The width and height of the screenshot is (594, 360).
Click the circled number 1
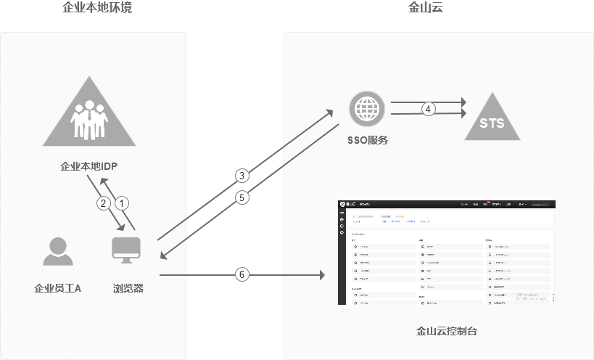coord(123,203)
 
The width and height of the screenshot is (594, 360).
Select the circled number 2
coord(104,203)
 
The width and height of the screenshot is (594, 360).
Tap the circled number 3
coord(242,175)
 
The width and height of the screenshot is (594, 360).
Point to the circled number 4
coord(429,109)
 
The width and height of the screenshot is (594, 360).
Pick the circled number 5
coord(242,197)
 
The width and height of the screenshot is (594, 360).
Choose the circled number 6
coord(242,274)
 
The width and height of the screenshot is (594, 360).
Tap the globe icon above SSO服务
coord(367,109)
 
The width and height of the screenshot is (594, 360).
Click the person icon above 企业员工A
coord(57,251)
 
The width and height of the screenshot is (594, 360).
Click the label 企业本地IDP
coord(88,166)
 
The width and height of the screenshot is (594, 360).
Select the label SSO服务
coord(368,140)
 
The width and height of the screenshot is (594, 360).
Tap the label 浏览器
coord(128,288)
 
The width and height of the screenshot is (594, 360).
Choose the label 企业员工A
coord(58,288)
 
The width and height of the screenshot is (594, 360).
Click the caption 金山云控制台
coord(447,331)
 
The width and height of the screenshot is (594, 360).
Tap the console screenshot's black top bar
coord(447,205)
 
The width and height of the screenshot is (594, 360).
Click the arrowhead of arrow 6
coord(320,275)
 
